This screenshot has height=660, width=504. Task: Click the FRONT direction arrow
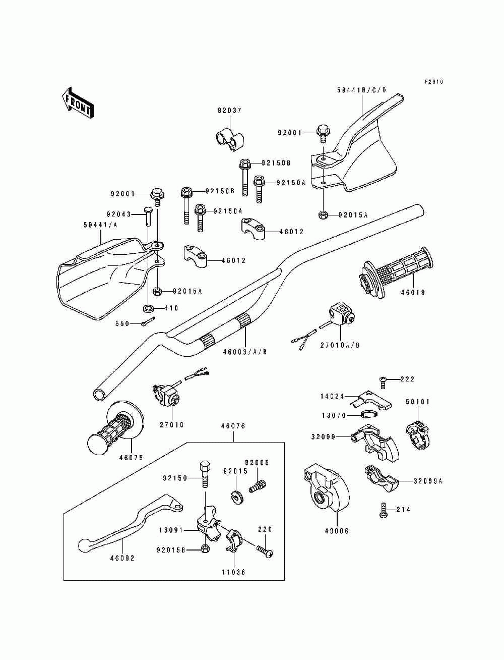coord(78,103)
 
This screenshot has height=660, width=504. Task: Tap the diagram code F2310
coord(434,81)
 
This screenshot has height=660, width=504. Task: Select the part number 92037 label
coord(230,111)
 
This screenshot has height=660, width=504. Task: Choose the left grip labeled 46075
coord(115,427)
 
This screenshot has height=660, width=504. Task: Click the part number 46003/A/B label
coord(245,352)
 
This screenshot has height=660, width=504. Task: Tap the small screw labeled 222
coord(383,382)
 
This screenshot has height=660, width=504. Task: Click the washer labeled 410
coord(148,308)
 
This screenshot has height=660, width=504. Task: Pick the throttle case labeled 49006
coord(326,488)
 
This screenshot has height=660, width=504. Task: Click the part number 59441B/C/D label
coord(362,90)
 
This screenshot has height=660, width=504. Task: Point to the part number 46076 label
coord(233,426)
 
